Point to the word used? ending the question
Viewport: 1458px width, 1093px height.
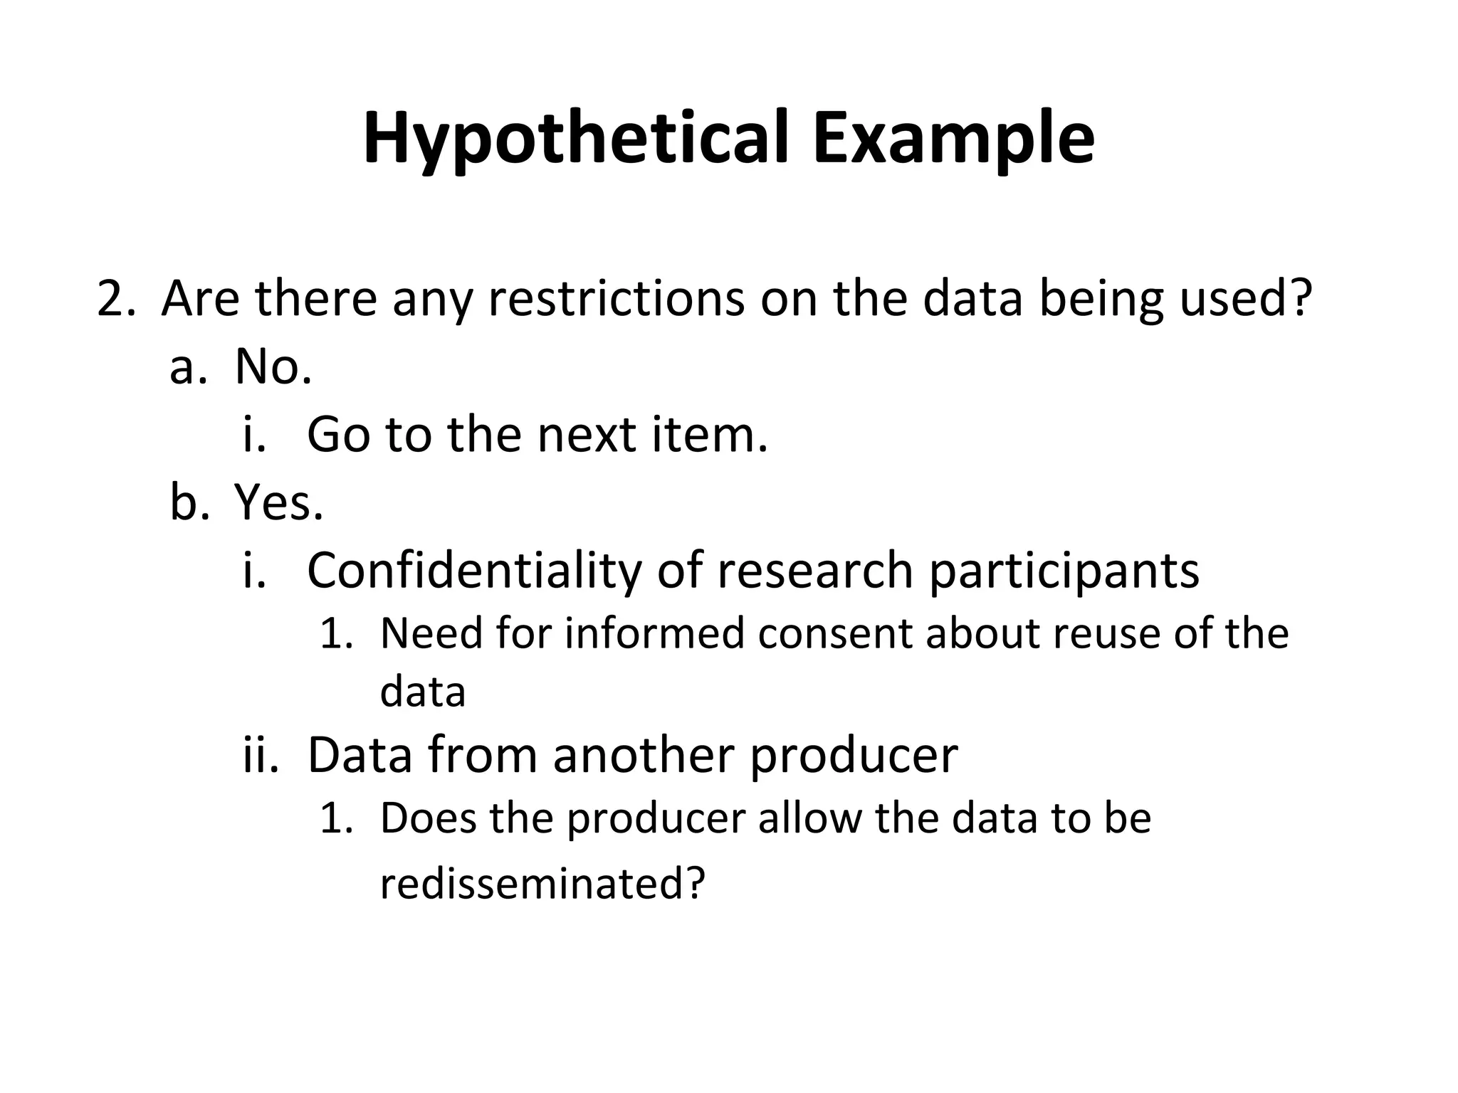click(x=1245, y=299)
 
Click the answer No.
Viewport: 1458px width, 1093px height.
click(x=273, y=367)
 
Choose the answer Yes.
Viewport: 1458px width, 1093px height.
click(x=279, y=502)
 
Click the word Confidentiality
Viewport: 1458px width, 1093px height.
click(x=474, y=571)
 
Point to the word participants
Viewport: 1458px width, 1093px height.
click(x=1064, y=571)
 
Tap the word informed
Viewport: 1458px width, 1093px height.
click(x=654, y=633)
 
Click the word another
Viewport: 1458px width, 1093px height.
click(x=643, y=755)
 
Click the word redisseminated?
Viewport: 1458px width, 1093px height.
click(x=542, y=883)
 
